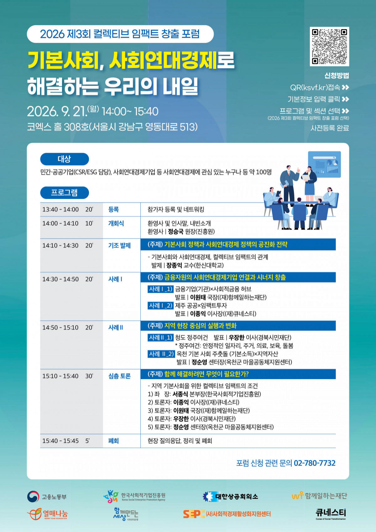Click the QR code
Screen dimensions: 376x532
point(329,46)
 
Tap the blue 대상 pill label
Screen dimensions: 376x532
point(64,159)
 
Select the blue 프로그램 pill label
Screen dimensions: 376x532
point(64,192)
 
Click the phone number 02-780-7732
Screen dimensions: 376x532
point(315,463)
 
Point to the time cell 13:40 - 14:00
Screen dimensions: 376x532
point(60,209)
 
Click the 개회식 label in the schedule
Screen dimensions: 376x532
point(116,223)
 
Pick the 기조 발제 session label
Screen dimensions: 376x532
point(119,245)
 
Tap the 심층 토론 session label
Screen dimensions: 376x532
point(119,376)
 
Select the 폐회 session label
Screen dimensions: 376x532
point(113,441)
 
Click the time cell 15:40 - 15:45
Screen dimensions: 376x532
point(60,441)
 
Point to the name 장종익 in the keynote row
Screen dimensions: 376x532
point(174,265)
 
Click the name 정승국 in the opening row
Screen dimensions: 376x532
point(176,231)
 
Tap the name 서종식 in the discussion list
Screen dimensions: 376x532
point(180,394)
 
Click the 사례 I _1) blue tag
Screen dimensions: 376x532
point(160,289)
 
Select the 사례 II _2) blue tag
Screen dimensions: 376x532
point(161,354)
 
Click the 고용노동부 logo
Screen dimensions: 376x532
point(47,497)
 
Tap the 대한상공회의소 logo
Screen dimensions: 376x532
point(230,496)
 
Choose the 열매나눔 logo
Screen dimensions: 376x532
point(48,514)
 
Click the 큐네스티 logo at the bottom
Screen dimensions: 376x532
point(331,514)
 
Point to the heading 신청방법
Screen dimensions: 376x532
point(337,76)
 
